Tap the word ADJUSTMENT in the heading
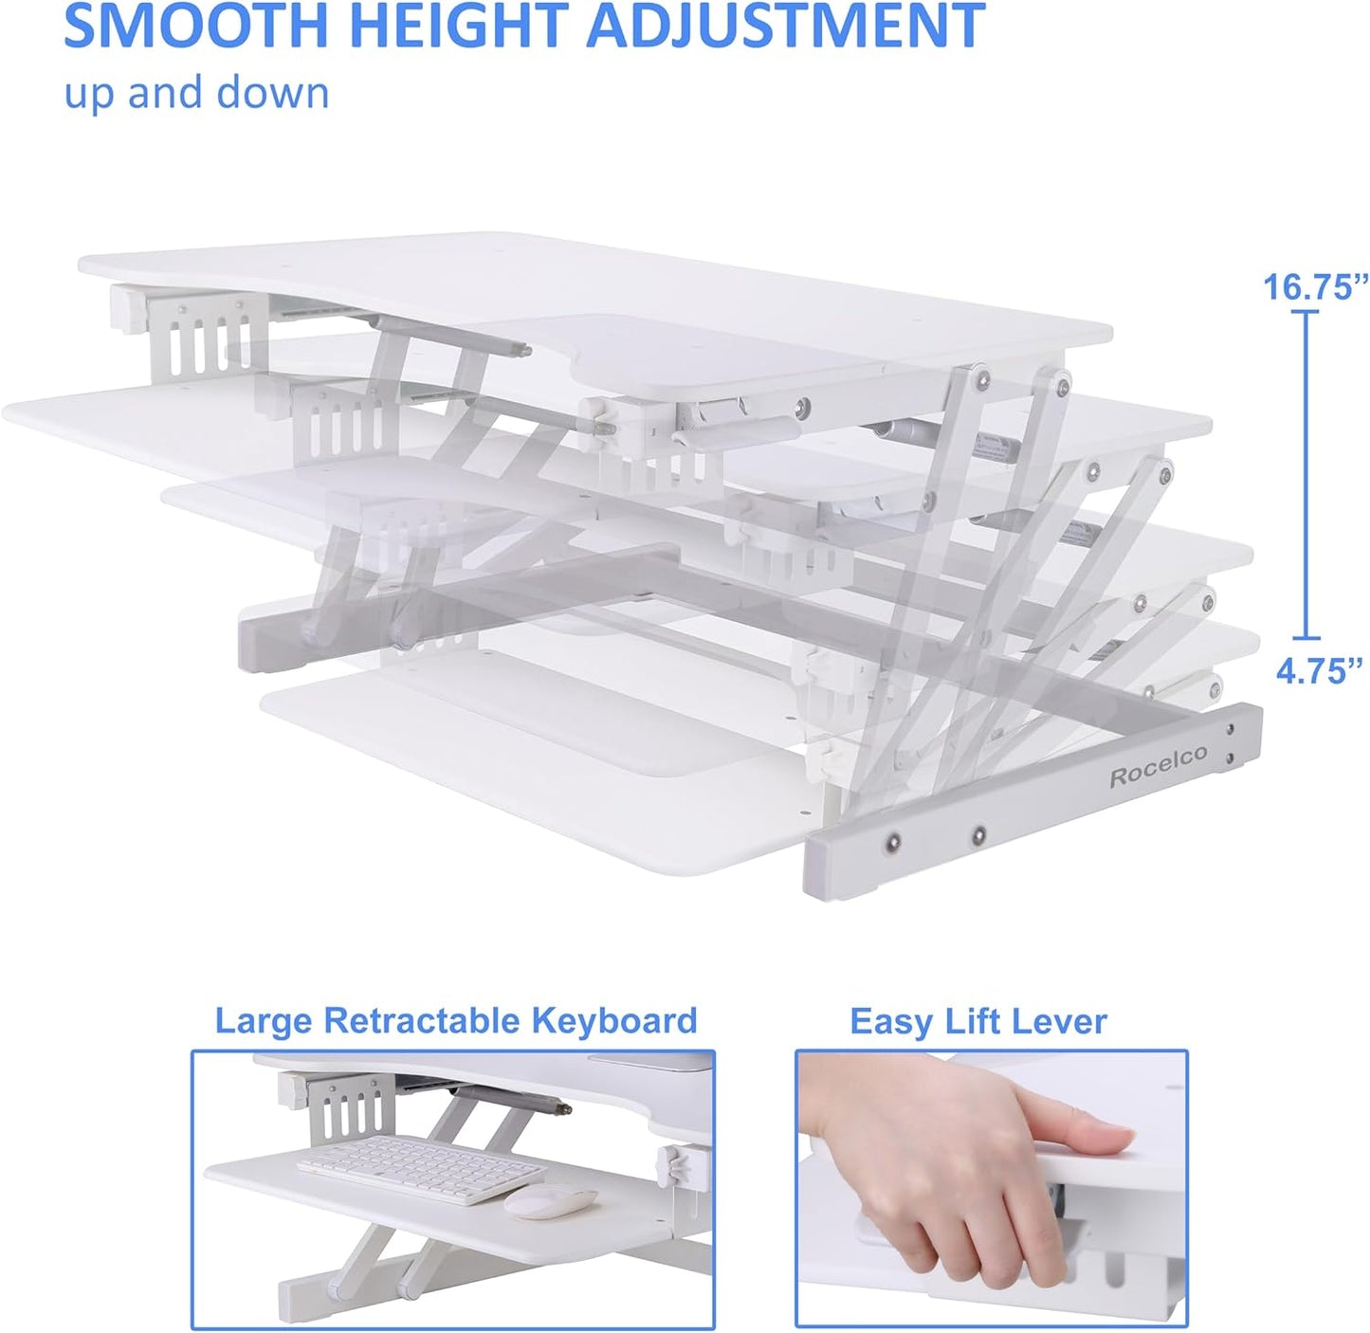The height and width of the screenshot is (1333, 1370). tap(786, 26)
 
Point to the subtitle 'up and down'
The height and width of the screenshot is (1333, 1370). tap(196, 94)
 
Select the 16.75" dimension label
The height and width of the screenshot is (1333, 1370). tap(1316, 286)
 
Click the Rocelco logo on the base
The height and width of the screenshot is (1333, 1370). tap(1159, 766)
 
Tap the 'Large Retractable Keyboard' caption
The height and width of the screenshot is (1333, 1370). tap(456, 1021)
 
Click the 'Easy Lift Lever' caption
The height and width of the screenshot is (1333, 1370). tap(977, 1022)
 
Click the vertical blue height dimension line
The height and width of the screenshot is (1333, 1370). tap(1306, 474)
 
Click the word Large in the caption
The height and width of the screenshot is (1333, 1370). tap(264, 1021)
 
